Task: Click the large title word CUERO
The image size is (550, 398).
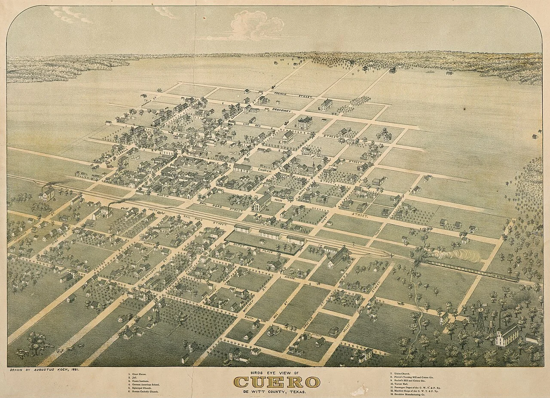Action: pyautogui.click(x=277, y=382)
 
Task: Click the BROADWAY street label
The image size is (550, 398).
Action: pyautogui.click(x=281, y=111)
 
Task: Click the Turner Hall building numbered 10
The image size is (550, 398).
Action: pyautogui.click(x=263, y=202)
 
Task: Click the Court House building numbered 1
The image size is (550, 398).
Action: pyautogui.click(x=305, y=123)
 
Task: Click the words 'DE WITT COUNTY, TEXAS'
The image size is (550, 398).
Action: pyautogui.click(x=276, y=392)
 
